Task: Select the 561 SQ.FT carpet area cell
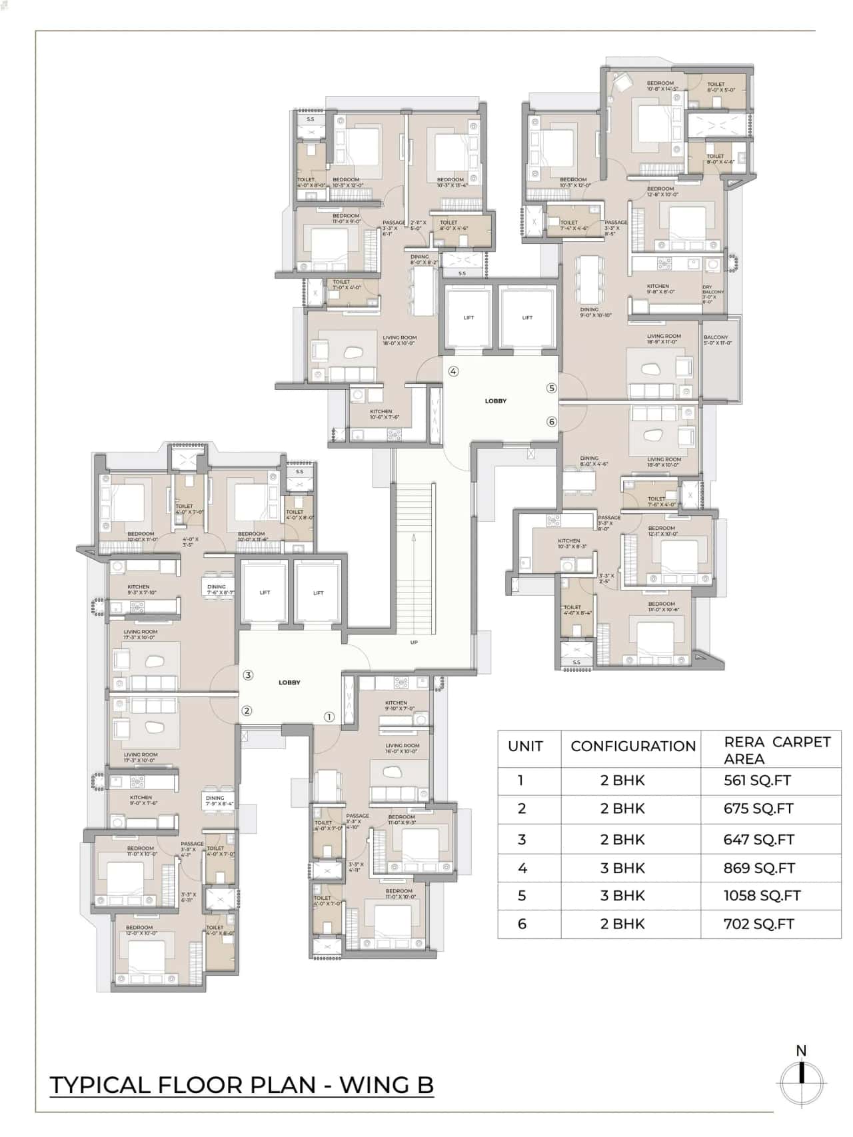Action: (x=758, y=780)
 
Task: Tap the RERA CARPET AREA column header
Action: (x=777, y=750)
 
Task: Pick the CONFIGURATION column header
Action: (x=632, y=746)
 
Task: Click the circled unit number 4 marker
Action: (x=453, y=371)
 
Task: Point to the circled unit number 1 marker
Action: (x=329, y=717)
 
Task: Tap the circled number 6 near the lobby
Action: (x=551, y=421)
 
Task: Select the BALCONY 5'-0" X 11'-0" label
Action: (x=717, y=340)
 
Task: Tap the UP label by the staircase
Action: (x=414, y=642)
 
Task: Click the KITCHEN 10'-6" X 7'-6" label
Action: (x=384, y=415)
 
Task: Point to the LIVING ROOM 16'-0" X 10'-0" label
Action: (x=402, y=748)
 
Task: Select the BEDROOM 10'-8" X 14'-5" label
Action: (x=661, y=86)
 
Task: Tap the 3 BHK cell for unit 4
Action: (x=622, y=868)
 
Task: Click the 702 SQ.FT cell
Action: (x=758, y=924)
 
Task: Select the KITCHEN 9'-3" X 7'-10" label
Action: (x=141, y=590)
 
